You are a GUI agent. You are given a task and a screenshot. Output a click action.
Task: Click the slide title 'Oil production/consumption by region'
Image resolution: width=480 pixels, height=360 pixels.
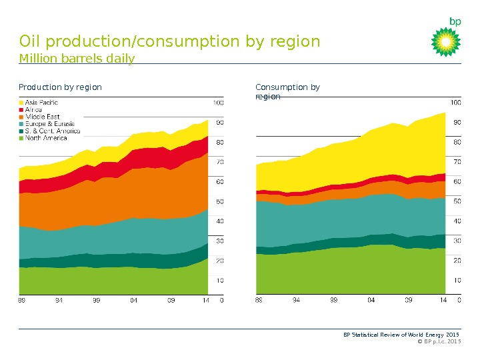pyautogui.click(x=170, y=42)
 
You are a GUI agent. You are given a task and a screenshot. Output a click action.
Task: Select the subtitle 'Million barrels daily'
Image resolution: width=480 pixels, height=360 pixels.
pyautogui.click(x=77, y=59)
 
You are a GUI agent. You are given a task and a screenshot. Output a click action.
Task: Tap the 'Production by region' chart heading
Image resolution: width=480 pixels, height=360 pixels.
pyautogui.click(x=60, y=87)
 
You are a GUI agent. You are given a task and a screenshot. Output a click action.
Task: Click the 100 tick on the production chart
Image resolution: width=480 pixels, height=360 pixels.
pyautogui.click(x=218, y=103)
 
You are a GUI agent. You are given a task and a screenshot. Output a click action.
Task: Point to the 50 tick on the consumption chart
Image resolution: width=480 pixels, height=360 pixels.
pyautogui.click(x=457, y=201)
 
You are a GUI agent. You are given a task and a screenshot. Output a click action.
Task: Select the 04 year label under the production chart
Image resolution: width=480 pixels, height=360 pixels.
pyautogui.click(x=134, y=301)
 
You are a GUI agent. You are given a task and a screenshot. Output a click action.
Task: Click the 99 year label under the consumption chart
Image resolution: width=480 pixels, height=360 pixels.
pyautogui.click(x=334, y=301)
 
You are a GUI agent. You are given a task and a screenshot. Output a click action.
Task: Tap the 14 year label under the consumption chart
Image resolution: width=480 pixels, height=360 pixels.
pyautogui.click(x=443, y=301)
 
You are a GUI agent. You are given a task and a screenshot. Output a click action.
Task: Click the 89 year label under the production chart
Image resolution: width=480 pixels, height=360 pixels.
pyautogui.click(x=22, y=301)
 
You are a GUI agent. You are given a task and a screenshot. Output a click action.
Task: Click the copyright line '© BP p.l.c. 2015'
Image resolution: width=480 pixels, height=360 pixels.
pyautogui.click(x=438, y=341)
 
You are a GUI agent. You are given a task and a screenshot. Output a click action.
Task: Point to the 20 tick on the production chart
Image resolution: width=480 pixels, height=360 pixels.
pyautogui.click(x=219, y=261)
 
